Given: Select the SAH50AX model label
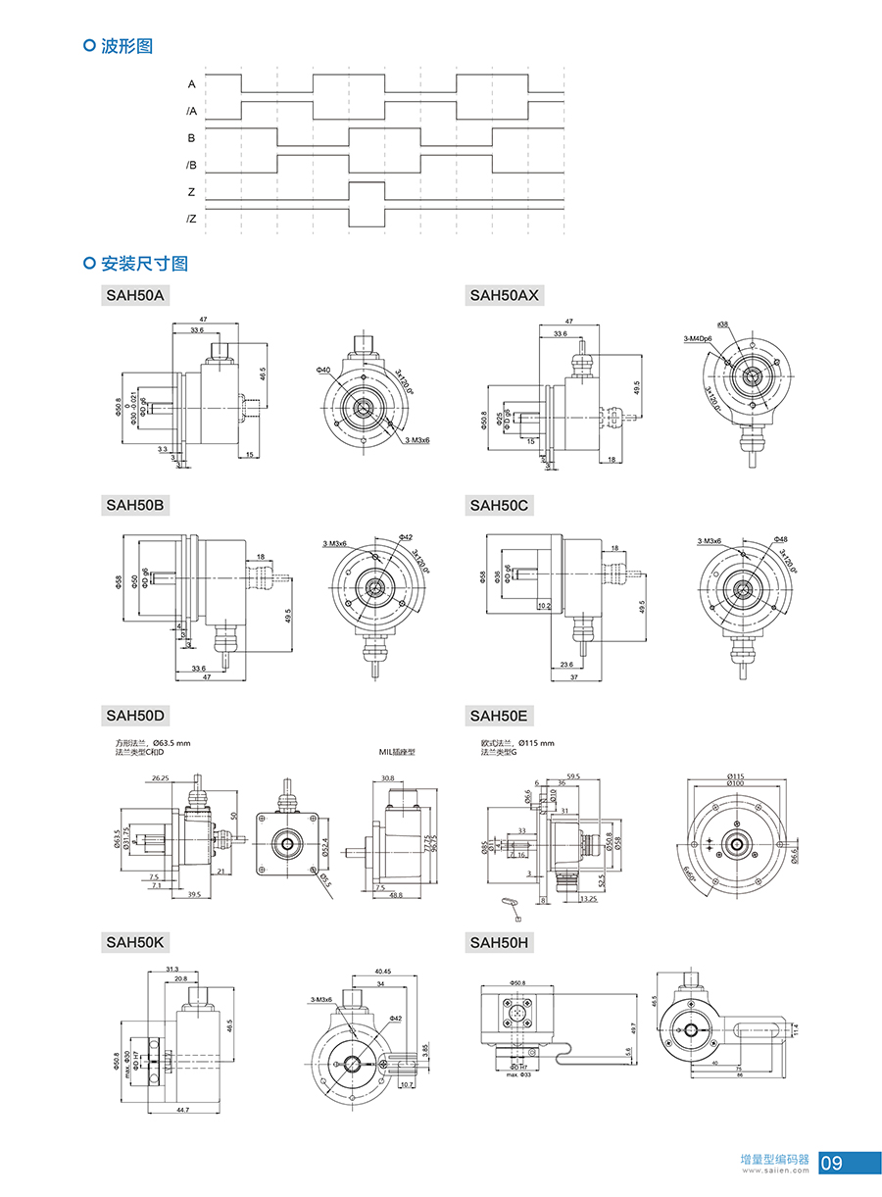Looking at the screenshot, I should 505,294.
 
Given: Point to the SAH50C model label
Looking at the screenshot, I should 500,505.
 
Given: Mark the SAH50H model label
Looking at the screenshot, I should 500,942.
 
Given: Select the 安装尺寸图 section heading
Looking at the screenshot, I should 144,263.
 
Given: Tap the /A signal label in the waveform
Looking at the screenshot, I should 191,112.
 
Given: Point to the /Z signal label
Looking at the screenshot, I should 191,219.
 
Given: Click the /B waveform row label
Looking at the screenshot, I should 191,165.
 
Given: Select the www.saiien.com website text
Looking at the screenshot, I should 774,1170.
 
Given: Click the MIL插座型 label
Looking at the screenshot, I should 397,752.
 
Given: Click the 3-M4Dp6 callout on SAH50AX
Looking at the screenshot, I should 698,337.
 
